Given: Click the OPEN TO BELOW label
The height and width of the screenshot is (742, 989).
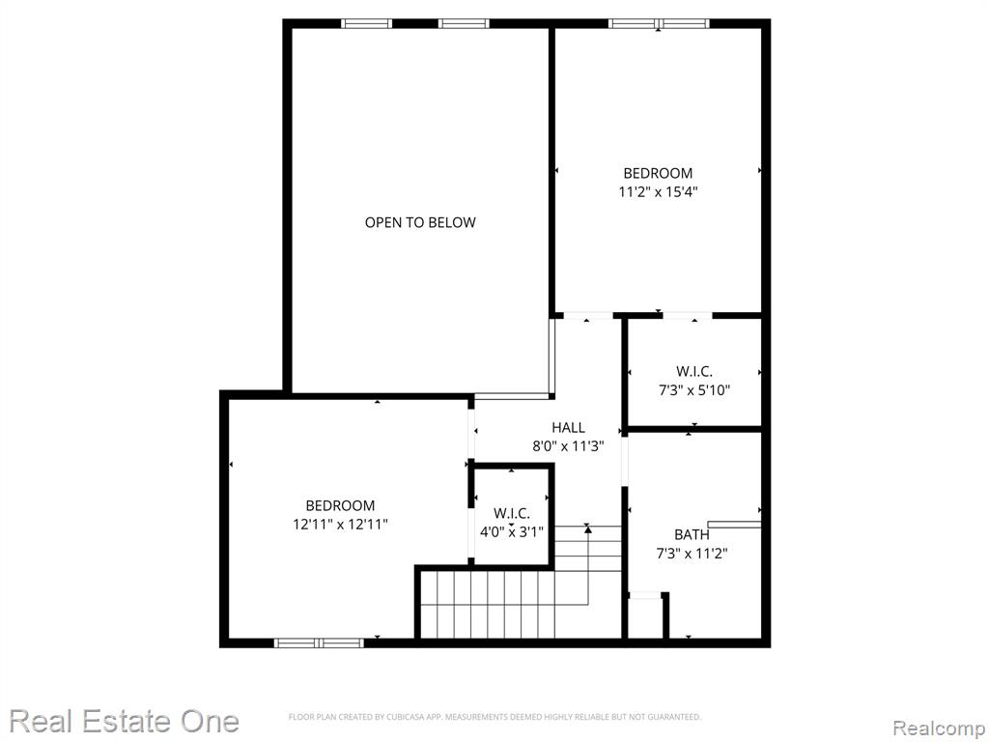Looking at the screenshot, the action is pos(420,222).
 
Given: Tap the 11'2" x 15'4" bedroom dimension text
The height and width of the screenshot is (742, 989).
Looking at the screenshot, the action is pos(658,192).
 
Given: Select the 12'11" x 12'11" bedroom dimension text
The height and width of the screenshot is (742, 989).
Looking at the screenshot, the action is pos(340,525).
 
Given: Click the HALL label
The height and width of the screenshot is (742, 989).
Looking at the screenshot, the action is pos(568,427).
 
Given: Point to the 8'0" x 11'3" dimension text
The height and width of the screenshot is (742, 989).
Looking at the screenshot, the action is pos(568,446).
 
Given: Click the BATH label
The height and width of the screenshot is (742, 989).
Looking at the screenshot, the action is pos(692,534).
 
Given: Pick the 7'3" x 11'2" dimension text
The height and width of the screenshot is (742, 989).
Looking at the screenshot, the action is pos(692,554).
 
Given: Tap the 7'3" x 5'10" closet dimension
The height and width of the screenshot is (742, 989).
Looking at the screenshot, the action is pos(694,390).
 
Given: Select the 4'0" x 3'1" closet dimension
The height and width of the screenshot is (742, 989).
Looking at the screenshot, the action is pos(512,532).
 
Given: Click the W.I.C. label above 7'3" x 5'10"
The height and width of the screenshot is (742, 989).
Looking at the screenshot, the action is pos(694,372).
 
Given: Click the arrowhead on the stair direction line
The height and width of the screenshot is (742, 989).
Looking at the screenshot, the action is pos(588,529).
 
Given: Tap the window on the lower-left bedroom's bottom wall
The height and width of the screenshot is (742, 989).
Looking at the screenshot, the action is pos(319,642).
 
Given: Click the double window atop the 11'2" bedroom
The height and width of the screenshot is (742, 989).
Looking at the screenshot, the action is pos(659,24).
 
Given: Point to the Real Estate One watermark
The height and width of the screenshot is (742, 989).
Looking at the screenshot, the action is pos(125,721).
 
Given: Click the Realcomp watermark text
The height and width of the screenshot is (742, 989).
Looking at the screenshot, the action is pos(940,728).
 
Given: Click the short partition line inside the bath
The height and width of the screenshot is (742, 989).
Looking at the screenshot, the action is pos(734,525).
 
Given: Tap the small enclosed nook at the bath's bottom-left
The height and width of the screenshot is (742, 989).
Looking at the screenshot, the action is pos(644,615).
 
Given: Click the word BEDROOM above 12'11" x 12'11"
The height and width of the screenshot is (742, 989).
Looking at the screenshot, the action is pos(340,505).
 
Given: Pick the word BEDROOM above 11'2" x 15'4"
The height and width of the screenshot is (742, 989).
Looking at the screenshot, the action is pos(658,173).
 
